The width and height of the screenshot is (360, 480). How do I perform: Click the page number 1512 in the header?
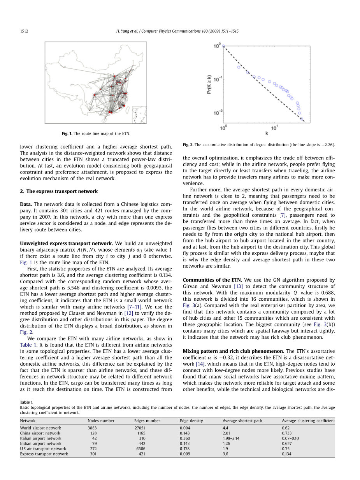tap(24, 31)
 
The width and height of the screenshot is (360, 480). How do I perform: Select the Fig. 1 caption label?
tap(67, 134)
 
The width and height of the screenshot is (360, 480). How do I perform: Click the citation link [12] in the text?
tap(128, 313)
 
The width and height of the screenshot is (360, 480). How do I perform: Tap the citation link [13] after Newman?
tap(238, 286)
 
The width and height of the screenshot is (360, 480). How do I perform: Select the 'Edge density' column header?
tap(191, 420)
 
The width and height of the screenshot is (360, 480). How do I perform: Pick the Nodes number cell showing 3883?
tap(92, 428)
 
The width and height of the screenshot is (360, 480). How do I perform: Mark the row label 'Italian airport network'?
tap(40, 438)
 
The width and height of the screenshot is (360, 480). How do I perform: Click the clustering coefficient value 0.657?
tap(287, 443)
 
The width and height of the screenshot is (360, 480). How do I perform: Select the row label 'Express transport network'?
tap(44, 454)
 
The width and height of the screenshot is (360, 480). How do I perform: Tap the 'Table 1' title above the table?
tap(26, 402)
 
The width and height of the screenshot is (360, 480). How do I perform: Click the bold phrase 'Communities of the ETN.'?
tap(212, 280)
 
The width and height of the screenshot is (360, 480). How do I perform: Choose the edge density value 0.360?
tap(185, 438)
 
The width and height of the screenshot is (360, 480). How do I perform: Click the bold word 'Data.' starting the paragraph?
tap(26, 204)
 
